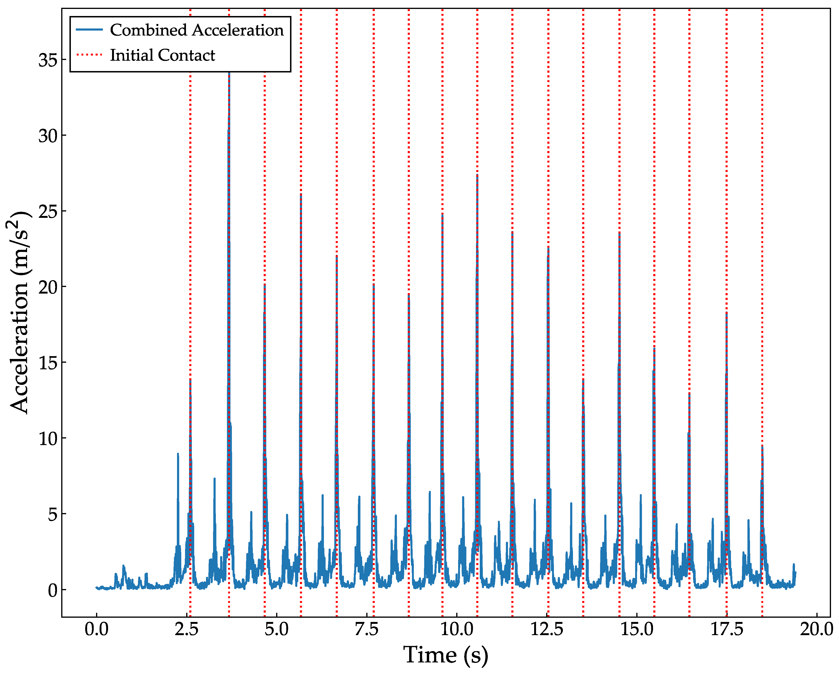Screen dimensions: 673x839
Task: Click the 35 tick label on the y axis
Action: point(48,60)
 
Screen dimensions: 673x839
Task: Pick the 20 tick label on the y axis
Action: point(48,287)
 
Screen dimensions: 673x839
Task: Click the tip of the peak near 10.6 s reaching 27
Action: point(477,175)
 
